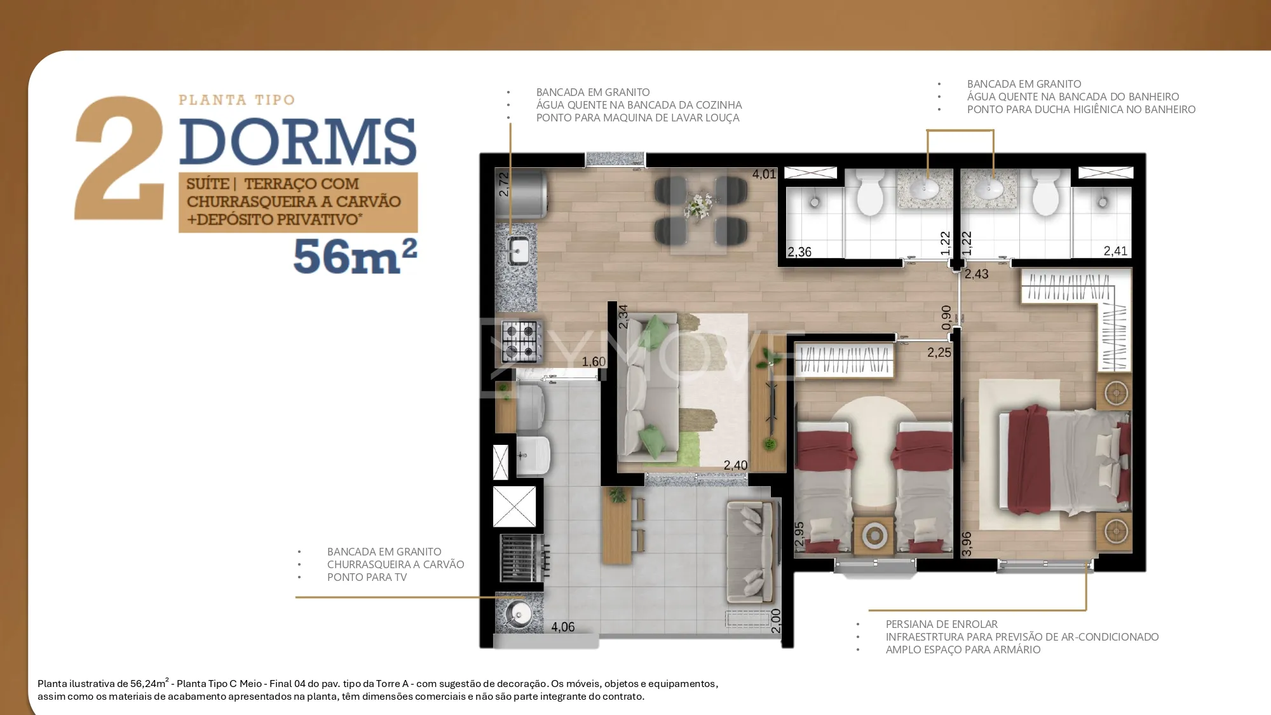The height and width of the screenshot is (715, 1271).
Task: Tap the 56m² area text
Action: coord(355,256)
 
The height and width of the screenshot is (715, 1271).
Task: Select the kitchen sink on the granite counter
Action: coord(519,250)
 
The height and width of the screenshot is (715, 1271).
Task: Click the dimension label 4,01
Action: coord(764,174)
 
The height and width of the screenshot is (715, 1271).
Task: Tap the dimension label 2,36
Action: coord(799,252)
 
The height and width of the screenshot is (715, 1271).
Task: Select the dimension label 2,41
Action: coord(1115,251)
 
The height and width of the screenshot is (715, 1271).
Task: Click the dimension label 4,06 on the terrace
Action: coord(563,627)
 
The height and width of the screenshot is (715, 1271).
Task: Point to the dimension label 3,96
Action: coord(967,544)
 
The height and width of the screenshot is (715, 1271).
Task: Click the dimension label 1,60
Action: coord(594,362)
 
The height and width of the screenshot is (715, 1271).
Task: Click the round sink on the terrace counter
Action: coord(518,614)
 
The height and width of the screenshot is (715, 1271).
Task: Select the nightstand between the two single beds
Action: coord(874,535)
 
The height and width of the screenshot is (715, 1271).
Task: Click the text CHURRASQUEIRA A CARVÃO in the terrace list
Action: coord(395,564)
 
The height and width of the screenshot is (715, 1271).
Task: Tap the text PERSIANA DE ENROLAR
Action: coord(942,624)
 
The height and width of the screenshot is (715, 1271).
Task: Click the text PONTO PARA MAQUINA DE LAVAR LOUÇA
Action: coord(638,118)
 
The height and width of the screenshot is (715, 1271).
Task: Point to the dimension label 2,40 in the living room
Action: coord(735,465)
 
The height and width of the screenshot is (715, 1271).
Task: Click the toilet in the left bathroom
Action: coord(870,193)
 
